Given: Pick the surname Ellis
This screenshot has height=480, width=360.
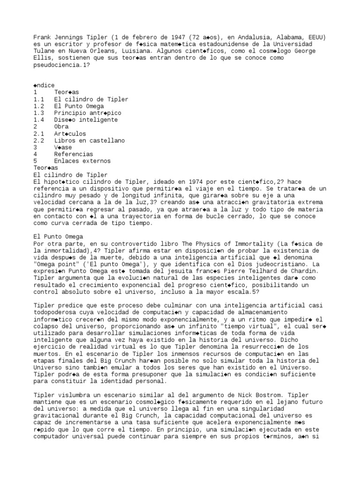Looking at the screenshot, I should [x=44, y=58].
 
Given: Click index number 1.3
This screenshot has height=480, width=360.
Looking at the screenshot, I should [x=39, y=113].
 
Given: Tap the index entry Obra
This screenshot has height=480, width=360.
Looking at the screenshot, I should [x=61, y=127].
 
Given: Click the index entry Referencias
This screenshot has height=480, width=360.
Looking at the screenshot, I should [x=73, y=154].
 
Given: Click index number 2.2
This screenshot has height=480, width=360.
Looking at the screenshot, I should [x=39, y=140].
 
